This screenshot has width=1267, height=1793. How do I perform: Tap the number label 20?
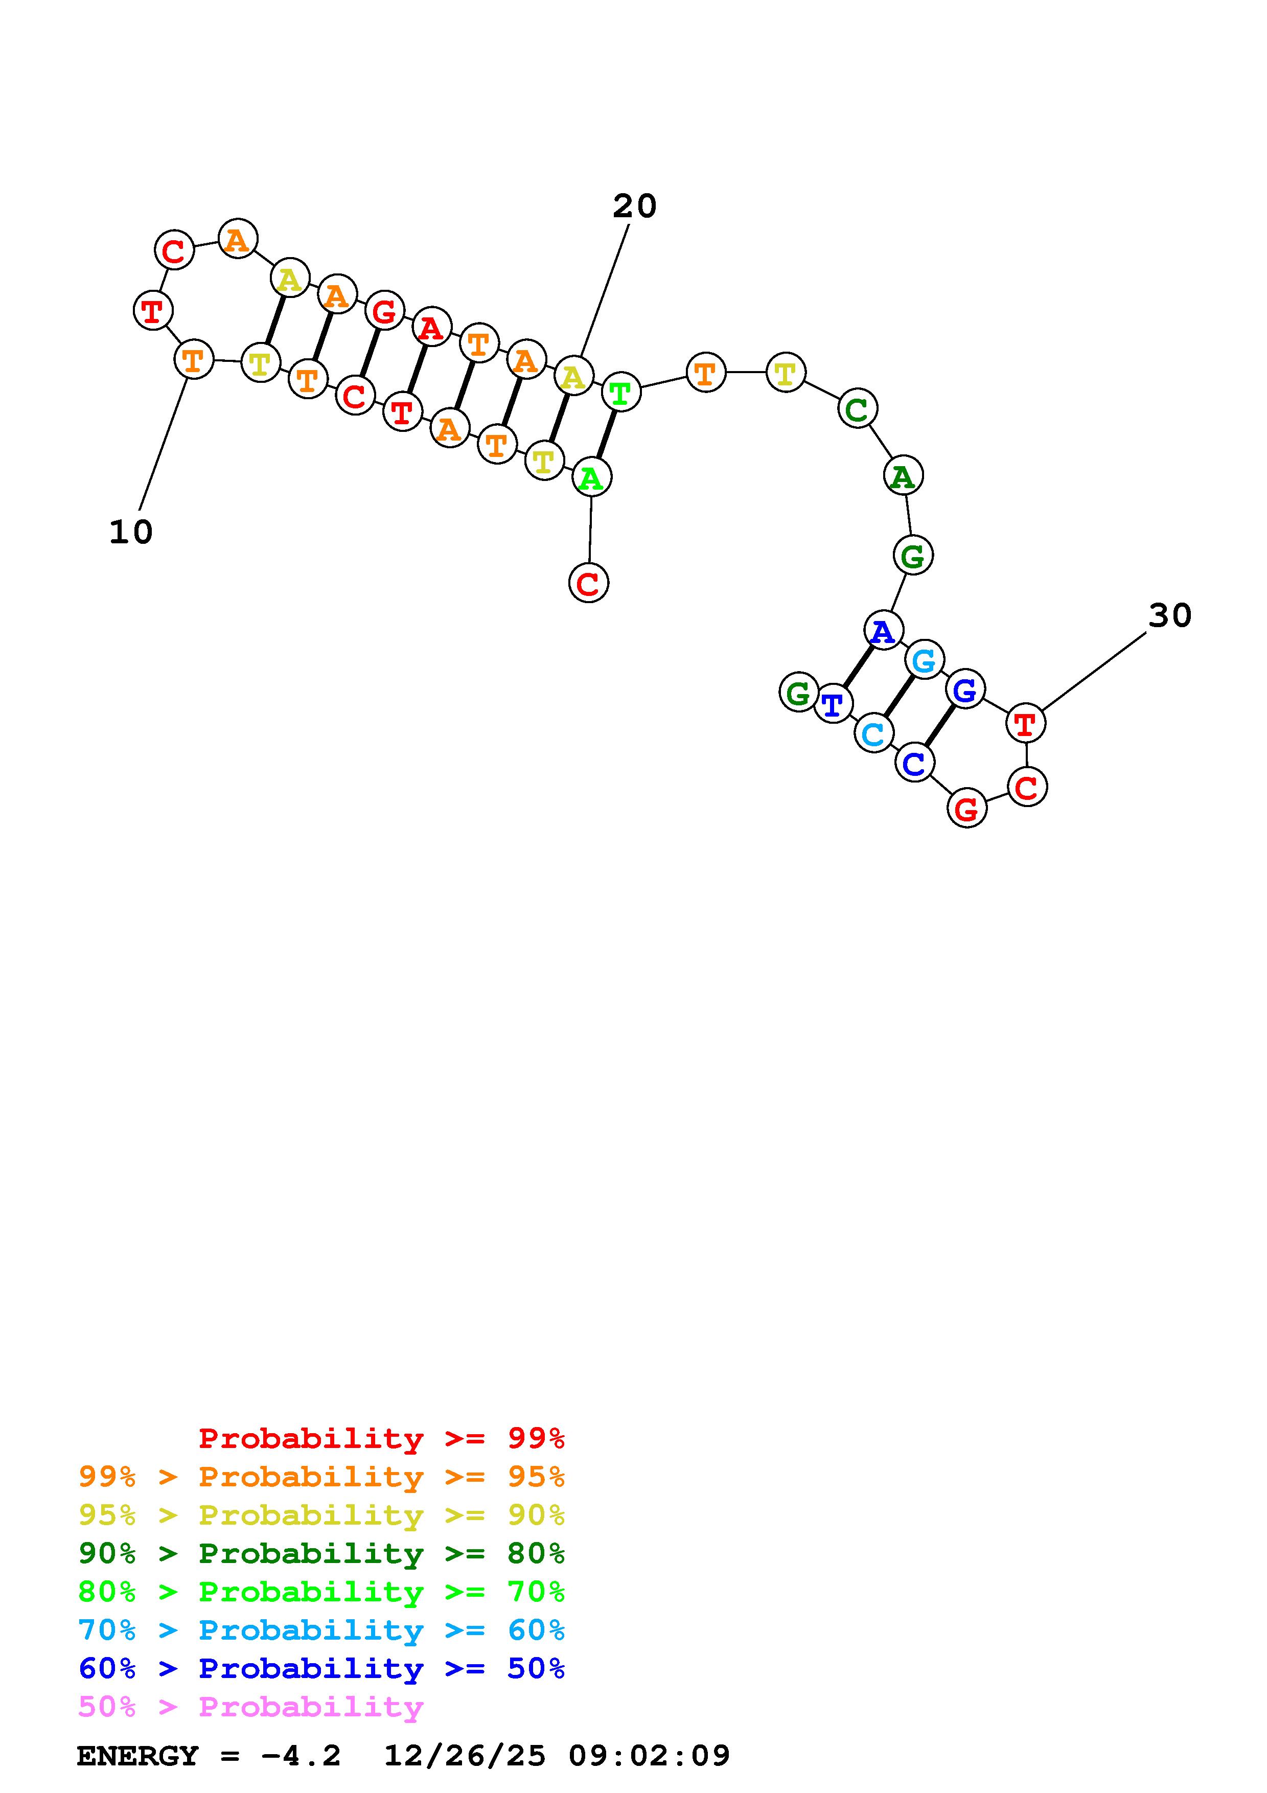(634, 206)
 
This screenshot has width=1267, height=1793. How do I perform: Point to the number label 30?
(1169, 616)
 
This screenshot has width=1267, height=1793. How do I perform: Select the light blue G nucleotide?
(924, 661)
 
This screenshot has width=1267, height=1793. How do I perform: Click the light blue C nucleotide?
(873, 733)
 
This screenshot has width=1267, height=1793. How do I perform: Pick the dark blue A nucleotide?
(883, 630)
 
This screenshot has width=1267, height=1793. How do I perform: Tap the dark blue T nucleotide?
(833, 704)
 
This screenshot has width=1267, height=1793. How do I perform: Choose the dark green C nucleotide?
(857, 408)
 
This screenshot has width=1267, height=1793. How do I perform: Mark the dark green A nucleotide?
(903, 475)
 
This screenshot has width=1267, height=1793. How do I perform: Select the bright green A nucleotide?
(591, 477)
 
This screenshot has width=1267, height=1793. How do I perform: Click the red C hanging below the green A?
(589, 583)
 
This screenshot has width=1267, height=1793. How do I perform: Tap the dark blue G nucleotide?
(965, 689)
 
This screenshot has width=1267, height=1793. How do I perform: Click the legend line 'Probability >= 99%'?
(382, 1438)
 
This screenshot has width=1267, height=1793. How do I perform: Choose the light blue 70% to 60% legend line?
(321, 1630)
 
